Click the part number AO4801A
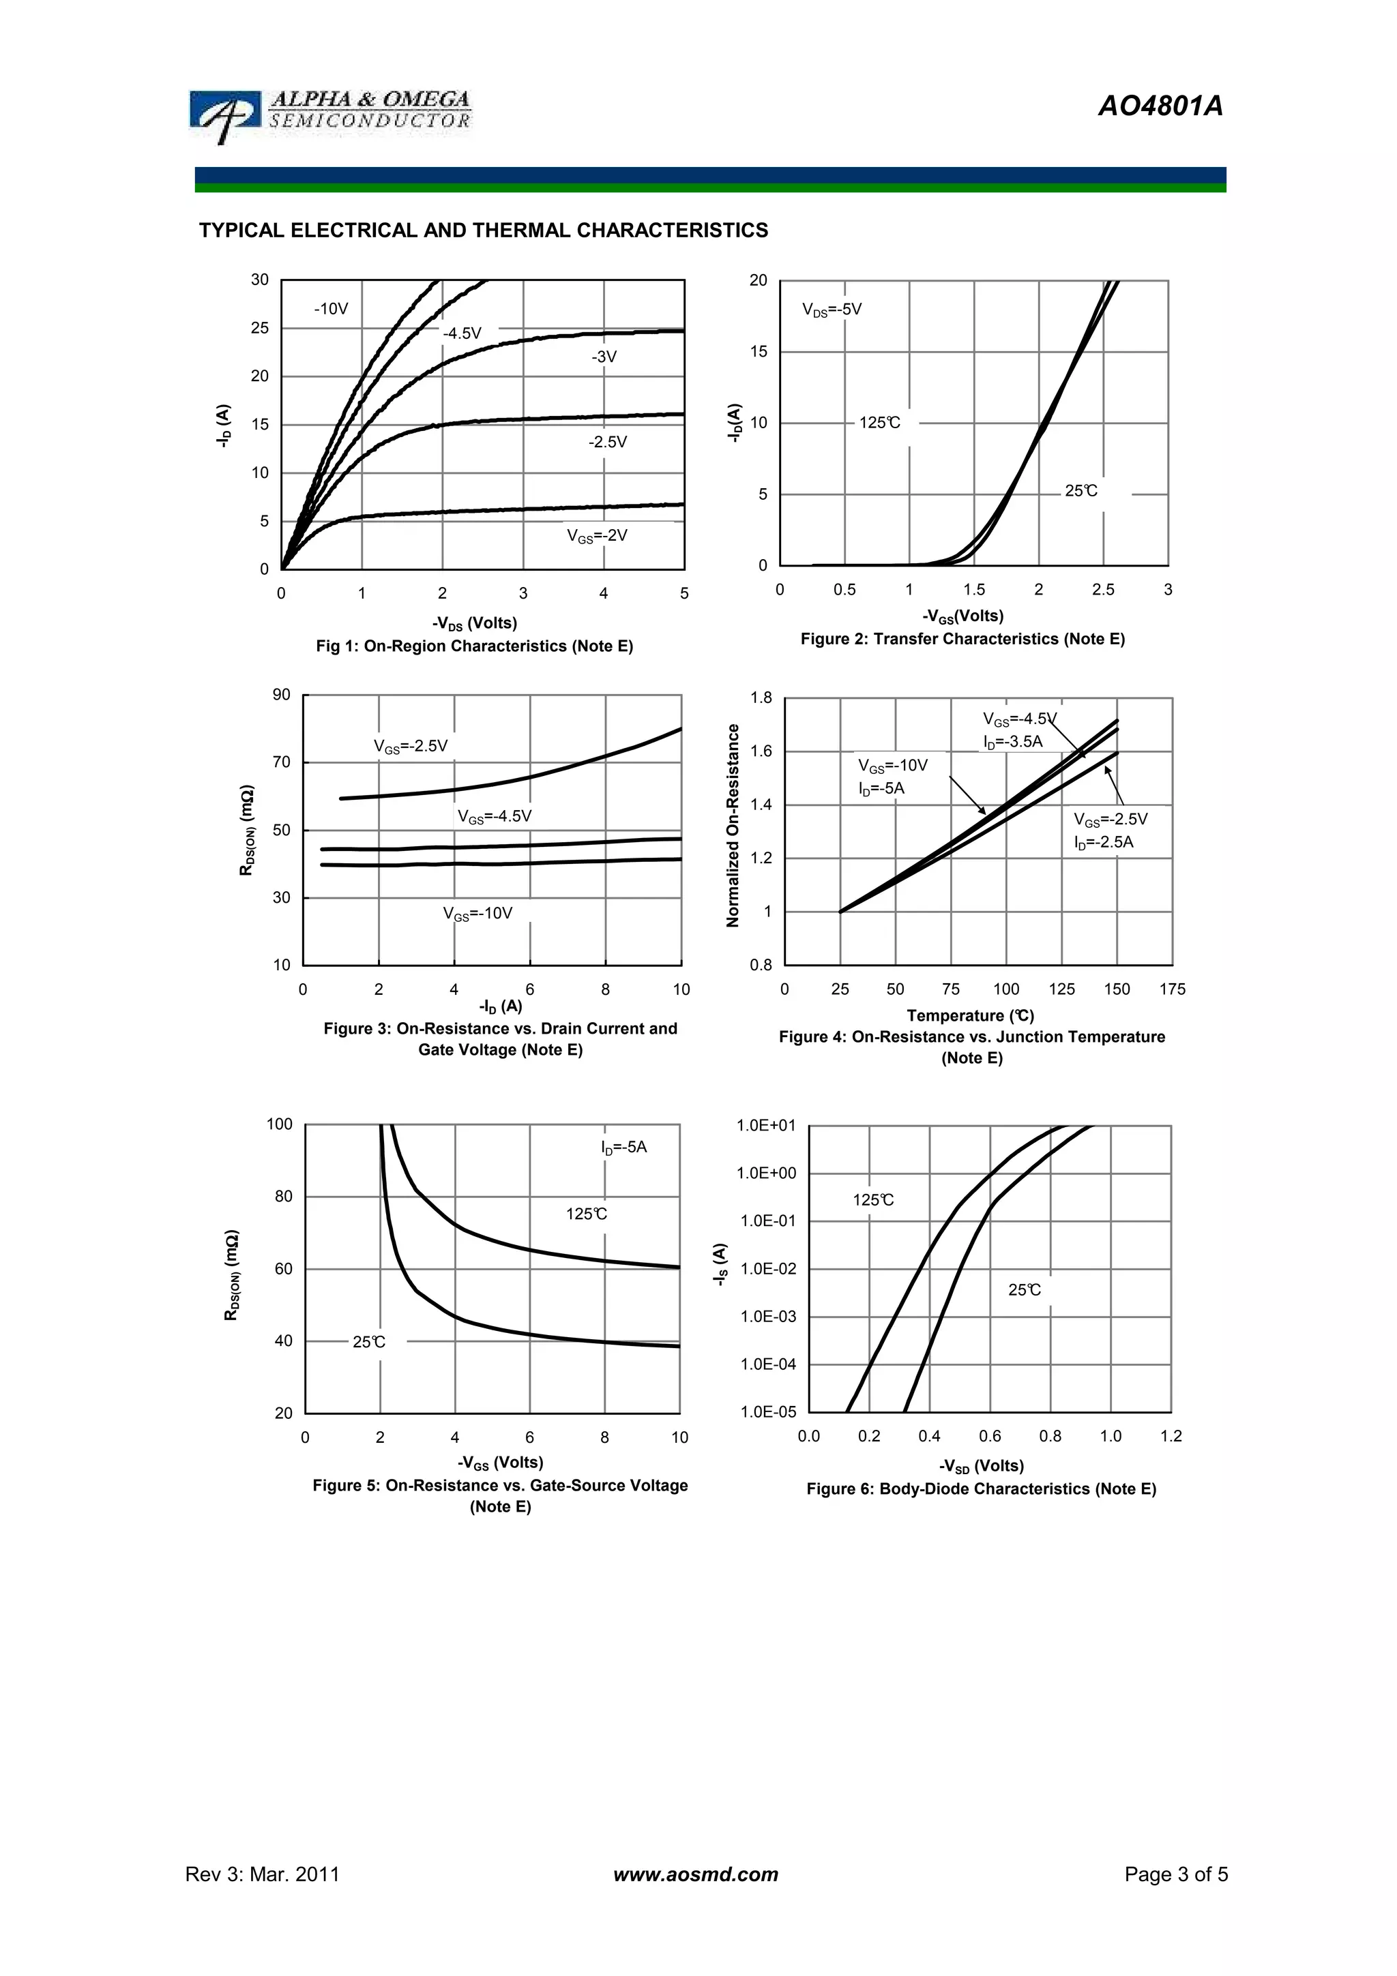coord(1160,106)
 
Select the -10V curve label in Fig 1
coord(331,309)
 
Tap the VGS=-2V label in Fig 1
coord(596,535)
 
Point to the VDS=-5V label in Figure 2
coord(832,309)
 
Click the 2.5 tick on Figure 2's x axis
coord(1102,590)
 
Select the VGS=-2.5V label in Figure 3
coord(411,746)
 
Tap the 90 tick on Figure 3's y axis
coord(282,695)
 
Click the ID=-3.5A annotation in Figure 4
coord(1012,742)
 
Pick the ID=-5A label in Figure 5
coord(623,1148)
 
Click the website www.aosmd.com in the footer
coord(696,1874)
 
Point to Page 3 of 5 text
coord(1176,1874)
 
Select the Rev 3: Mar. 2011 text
coord(263,1874)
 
